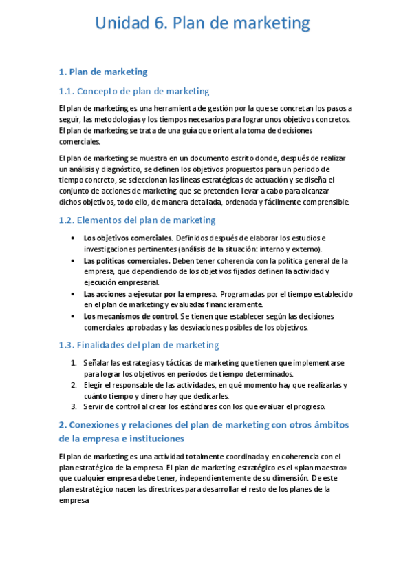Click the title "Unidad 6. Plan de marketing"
coord(202,24)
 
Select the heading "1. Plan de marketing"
coord(103,72)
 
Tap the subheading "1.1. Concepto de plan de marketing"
coord(134,91)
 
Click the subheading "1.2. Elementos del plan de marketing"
coord(137,220)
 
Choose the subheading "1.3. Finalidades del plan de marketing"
coord(139,345)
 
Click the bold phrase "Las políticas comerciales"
coord(127,261)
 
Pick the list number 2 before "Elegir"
coord(74,385)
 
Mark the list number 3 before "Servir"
coord(74,406)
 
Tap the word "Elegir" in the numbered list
coord(94,385)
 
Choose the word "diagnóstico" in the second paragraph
coord(121,169)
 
